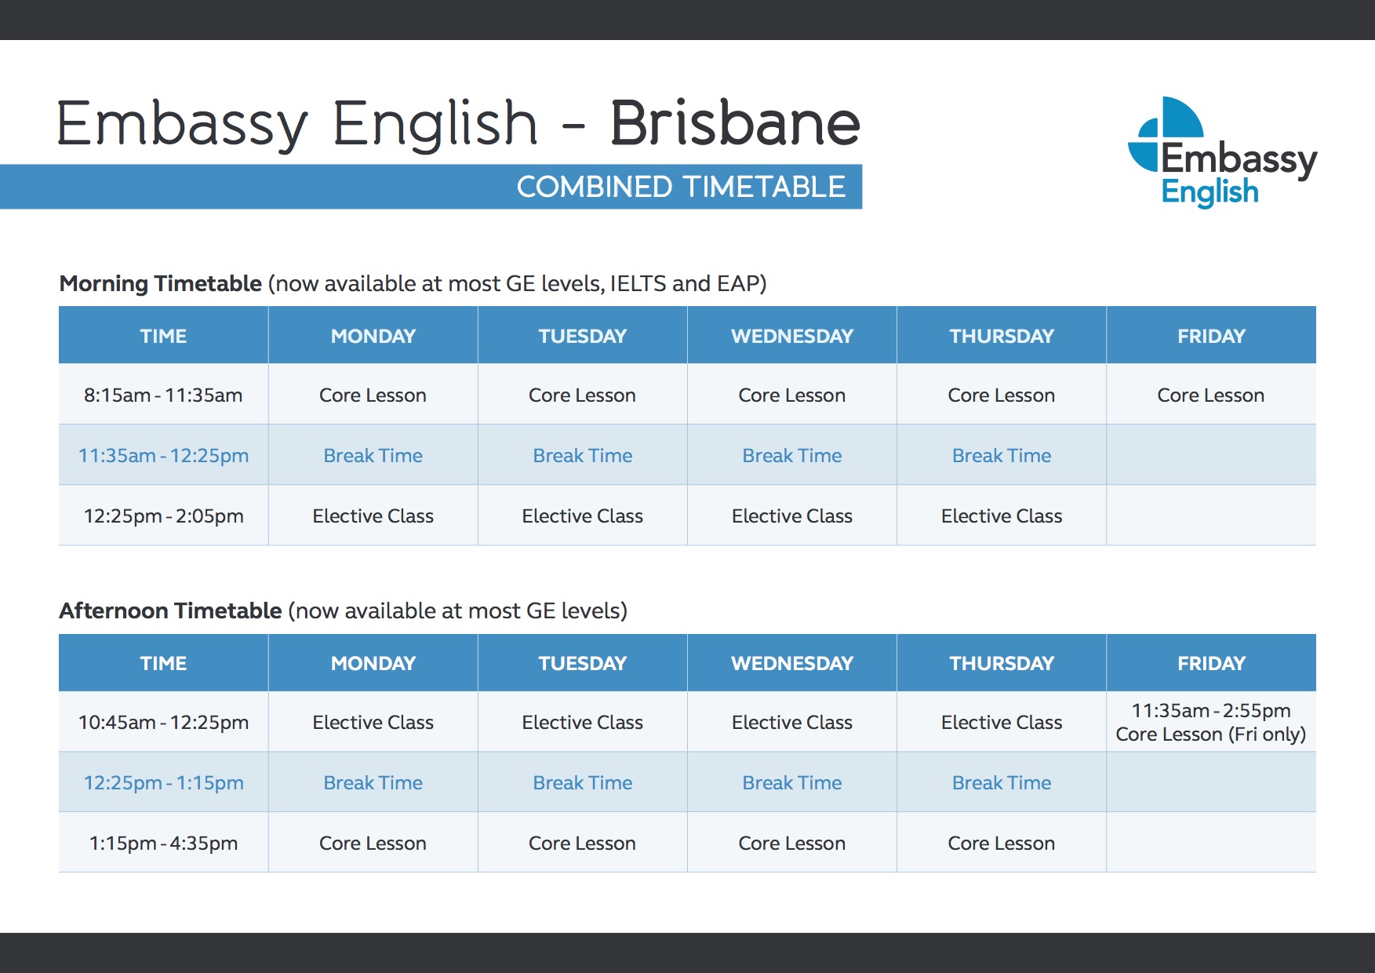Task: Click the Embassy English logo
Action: pos(1223,152)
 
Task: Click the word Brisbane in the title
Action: pos(735,123)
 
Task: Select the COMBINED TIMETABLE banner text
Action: pos(681,187)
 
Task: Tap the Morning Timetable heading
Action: pos(161,283)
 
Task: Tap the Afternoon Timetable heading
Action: pos(170,610)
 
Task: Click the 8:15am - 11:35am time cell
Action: pos(163,395)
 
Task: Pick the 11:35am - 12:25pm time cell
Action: pos(163,455)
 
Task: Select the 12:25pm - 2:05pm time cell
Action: pos(163,516)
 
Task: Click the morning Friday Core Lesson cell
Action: pos(1211,395)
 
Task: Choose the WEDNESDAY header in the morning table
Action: pos(792,336)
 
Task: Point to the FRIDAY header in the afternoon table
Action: pos(1211,663)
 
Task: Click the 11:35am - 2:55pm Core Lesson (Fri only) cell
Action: pos(1211,722)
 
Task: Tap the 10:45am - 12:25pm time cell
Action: pos(163,722)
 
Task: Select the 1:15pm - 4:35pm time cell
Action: pos(163,843)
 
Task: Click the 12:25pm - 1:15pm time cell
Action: pos(163,782)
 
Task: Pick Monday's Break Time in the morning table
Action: pos(373,455)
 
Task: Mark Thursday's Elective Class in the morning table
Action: pos(1002,516)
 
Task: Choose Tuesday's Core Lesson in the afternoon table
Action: pos(582,843)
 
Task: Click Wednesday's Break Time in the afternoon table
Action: pos(792,782)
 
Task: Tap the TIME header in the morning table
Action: pos(163,336)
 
